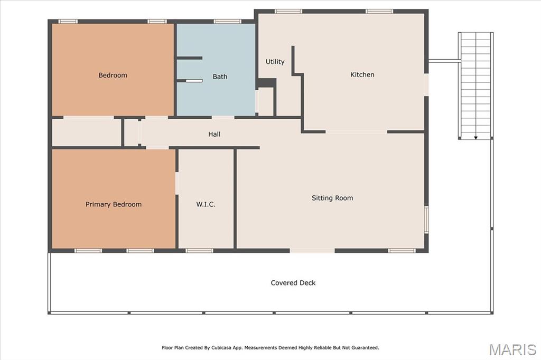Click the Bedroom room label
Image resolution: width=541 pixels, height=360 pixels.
(x=113, y=75)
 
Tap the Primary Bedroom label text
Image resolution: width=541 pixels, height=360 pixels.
(x=114, y=204)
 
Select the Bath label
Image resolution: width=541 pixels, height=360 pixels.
(x=220, y=77)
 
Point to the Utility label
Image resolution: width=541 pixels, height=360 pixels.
(x=275, y=62)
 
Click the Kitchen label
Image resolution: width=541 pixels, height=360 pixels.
(x=362, y=74)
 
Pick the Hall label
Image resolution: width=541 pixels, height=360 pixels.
(x=214, y=134)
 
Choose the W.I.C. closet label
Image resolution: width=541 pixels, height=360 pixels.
(x=206, y=204)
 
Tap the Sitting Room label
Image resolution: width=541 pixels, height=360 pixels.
(x=332, y=198)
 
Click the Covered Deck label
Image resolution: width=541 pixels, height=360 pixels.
(x=293, y=283)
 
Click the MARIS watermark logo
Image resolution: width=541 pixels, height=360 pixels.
(x=512, y=349)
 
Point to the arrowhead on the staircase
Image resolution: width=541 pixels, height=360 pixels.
(x=476, y=138)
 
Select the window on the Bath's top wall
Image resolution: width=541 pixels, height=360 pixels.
(x=227, y=22)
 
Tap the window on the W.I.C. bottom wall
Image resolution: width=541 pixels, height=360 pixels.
(x=199, y=251)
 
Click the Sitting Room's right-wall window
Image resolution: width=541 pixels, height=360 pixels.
(x=426, y=220)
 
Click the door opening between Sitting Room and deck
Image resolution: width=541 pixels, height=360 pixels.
(x=312, y=251)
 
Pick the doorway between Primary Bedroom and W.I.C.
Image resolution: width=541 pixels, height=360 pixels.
(x=177, y=183)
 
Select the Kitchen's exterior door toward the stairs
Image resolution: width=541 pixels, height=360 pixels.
(x=426, y=85)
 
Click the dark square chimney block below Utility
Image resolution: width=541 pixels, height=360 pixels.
(x=266, y=83)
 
